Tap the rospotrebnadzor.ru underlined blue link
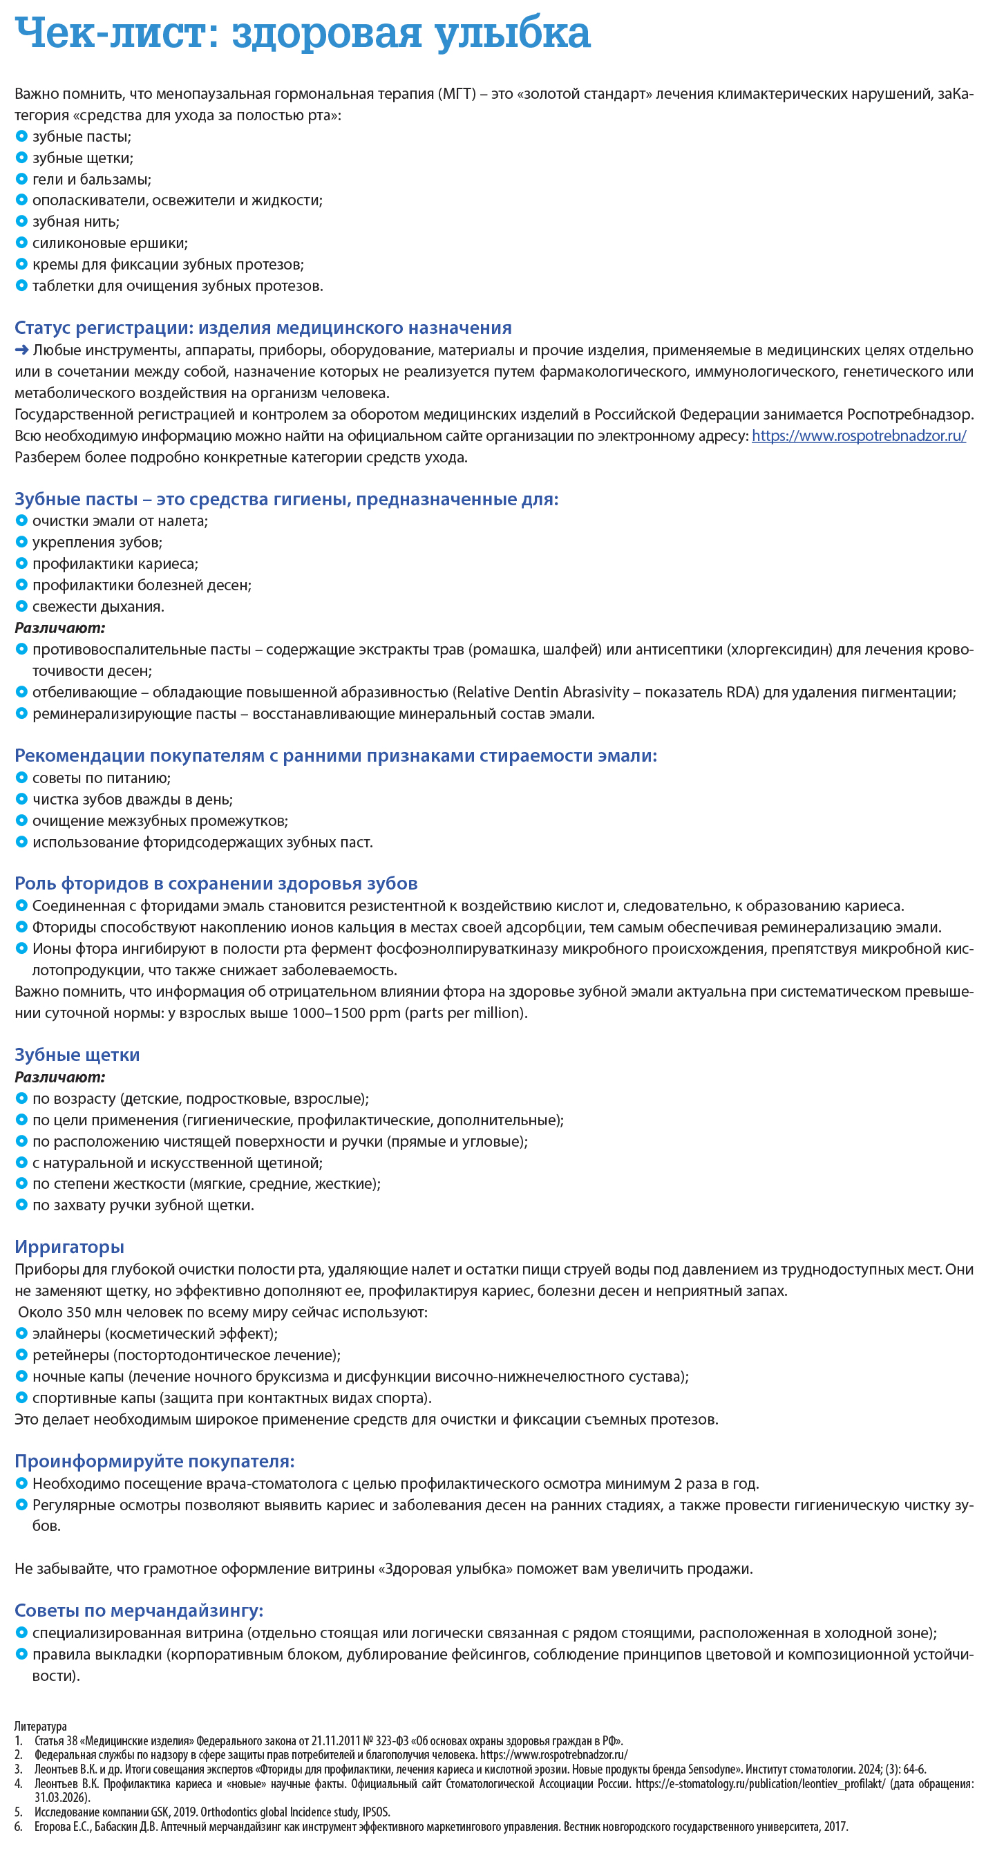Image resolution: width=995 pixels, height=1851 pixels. pos(858,435)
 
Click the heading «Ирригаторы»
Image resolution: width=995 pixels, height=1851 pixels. pos(69,1247)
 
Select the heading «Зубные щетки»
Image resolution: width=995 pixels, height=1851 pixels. pos(77,1055)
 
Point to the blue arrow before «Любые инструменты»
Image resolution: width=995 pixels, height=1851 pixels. pos(21,350)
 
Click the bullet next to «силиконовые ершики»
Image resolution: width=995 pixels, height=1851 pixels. pos(21,243)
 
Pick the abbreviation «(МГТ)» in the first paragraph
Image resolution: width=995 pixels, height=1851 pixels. pos(457,94)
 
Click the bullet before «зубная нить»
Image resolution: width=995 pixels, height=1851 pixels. pos(21,221)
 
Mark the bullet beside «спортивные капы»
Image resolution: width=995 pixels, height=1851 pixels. pos(21,1398)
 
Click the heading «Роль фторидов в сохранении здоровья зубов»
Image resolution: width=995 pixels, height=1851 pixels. pos(216,883)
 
